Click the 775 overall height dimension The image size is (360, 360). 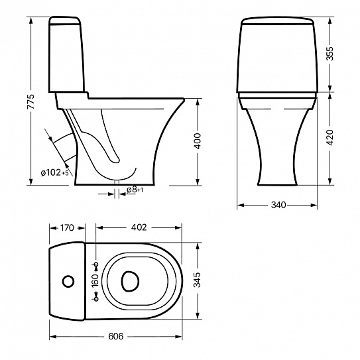click(x=30, y=101)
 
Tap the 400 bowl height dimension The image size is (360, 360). click(x=198, y=141)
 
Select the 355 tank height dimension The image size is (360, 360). click(x=330, y=54)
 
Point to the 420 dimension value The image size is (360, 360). click(x=330, y=137)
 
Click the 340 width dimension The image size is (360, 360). click(x=278, y=205)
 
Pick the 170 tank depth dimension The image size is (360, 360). click(x=67, y=228)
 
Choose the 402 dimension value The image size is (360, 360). click(x=139, y=227)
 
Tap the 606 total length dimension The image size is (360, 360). click(x=116, y=336)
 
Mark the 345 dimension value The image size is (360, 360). click(x=197, y=280)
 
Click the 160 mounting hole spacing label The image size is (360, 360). click(x=95, y=280)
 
